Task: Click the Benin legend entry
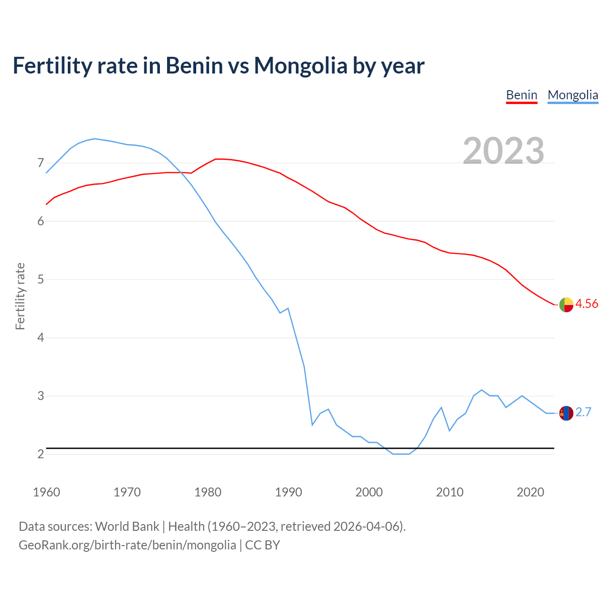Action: click(x=521, y=95)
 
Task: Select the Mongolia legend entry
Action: click(x=572, y=95)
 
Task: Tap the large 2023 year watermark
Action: click(x=503, y=151)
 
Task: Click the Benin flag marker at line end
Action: click(x=566, y=305)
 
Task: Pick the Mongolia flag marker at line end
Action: click(x=566, y=413)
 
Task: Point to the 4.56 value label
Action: click(x=587, y=304)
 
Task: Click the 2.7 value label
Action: click(x=583, y=412)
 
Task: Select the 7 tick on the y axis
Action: click(x=41, y=163)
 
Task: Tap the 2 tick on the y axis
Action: click(x=41, y=454)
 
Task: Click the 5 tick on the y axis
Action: click(x=41, y=280)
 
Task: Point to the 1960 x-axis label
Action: click(x=46, y=492)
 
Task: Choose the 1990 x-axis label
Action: click(x=288, y=492)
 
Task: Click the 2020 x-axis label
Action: click(x=530, y=492)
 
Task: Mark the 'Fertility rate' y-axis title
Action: click(x=20, y=296)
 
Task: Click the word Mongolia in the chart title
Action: click(x=300, y=65)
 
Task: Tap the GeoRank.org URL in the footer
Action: click(x=127, y=545)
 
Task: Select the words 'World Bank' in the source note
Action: click(x=127, y=527)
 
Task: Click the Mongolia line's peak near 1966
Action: click(x=95, y=138)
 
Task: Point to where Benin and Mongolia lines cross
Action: click(x=180, y=172)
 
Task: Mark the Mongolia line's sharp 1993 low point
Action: click(x=312, y=425)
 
